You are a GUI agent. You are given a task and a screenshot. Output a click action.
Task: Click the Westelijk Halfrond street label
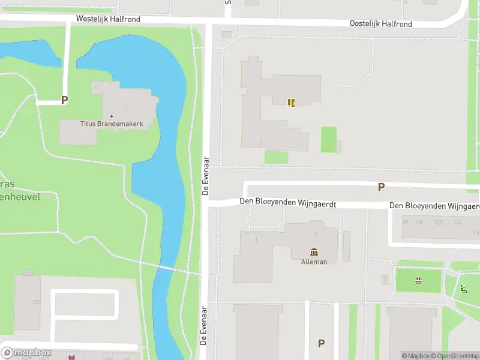point(108,19)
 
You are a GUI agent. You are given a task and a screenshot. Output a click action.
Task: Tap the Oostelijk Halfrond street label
point(382,23)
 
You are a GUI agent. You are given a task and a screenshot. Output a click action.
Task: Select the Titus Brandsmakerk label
point(112,124)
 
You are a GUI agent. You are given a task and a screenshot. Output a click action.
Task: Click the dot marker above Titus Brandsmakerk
point(112,116)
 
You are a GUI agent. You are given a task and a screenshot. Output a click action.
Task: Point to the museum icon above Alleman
point(314,252)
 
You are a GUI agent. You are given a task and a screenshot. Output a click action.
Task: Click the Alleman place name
point(314,262)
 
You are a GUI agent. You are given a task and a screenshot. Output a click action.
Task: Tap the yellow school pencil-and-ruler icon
point(291,103)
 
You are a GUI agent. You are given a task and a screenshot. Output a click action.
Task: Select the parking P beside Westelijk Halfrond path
point(64,101)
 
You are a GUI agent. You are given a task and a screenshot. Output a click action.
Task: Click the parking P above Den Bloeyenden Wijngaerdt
point(381,187)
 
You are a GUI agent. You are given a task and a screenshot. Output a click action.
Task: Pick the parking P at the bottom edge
point(321,344)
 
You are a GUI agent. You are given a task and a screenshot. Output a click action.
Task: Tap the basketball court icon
point(418,280)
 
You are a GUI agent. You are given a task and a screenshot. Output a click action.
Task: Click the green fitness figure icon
point(464,289)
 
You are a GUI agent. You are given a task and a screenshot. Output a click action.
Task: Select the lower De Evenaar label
point(204,326)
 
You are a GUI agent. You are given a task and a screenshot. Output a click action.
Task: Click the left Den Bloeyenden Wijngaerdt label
point(287,203)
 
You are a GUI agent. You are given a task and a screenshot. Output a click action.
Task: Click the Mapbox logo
point(26,353)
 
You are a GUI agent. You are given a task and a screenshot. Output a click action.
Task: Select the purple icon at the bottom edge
point(72,358)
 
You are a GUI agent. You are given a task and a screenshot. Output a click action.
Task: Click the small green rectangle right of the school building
point(328,139)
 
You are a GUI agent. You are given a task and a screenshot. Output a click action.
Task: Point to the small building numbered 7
point(385,279)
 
